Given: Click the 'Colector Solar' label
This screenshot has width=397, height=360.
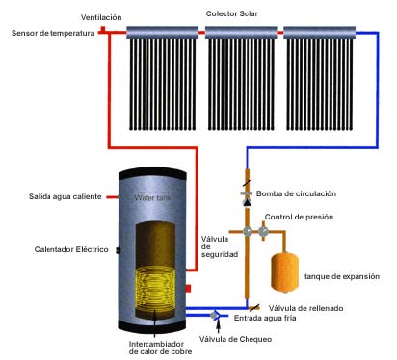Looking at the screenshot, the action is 231,13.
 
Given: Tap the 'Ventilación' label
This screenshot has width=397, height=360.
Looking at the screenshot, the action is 101,17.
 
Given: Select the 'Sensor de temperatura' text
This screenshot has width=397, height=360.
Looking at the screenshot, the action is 53,33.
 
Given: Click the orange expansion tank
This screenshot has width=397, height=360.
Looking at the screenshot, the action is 284,272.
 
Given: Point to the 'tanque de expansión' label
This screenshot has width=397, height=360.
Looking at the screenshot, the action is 342,276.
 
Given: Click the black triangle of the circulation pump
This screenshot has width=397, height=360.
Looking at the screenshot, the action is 247,202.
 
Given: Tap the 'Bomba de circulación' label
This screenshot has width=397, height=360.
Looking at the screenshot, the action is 296,193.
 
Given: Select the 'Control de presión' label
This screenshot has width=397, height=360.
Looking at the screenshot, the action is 299,217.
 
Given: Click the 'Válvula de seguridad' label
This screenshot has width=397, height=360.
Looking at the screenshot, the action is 220,246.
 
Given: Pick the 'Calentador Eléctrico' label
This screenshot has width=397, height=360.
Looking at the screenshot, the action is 71,249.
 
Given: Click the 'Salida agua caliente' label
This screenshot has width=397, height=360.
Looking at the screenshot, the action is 66,196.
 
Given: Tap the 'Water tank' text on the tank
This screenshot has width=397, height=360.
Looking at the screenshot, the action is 152,197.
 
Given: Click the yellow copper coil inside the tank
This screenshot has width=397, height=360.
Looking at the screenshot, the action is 155,288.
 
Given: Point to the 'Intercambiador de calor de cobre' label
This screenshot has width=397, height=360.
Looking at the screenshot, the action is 160,347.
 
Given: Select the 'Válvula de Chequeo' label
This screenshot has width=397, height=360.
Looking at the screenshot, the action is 235,339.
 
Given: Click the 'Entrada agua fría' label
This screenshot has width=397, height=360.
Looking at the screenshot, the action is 265,318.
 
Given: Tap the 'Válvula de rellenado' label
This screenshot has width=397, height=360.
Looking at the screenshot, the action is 305,308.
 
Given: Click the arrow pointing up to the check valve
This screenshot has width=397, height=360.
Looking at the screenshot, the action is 219,326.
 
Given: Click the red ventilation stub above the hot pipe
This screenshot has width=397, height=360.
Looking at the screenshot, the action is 102,30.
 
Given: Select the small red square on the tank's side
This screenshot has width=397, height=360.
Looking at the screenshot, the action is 188,289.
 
